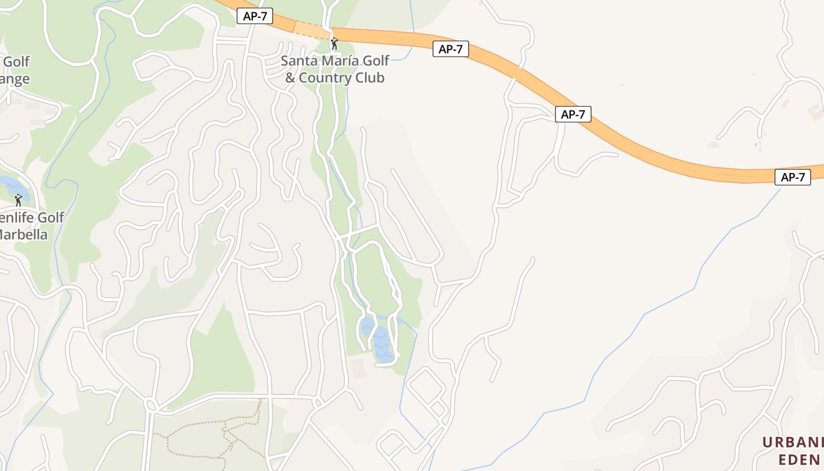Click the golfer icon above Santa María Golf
pos(334,43)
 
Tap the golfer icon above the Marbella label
pos(18,200)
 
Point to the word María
pos(340,61)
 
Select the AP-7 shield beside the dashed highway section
pos(255,16)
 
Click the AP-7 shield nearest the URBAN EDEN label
pos(792,177)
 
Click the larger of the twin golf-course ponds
pos(383,344)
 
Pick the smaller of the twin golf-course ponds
pos(367,326)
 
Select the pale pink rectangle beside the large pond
pos(358,368)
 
